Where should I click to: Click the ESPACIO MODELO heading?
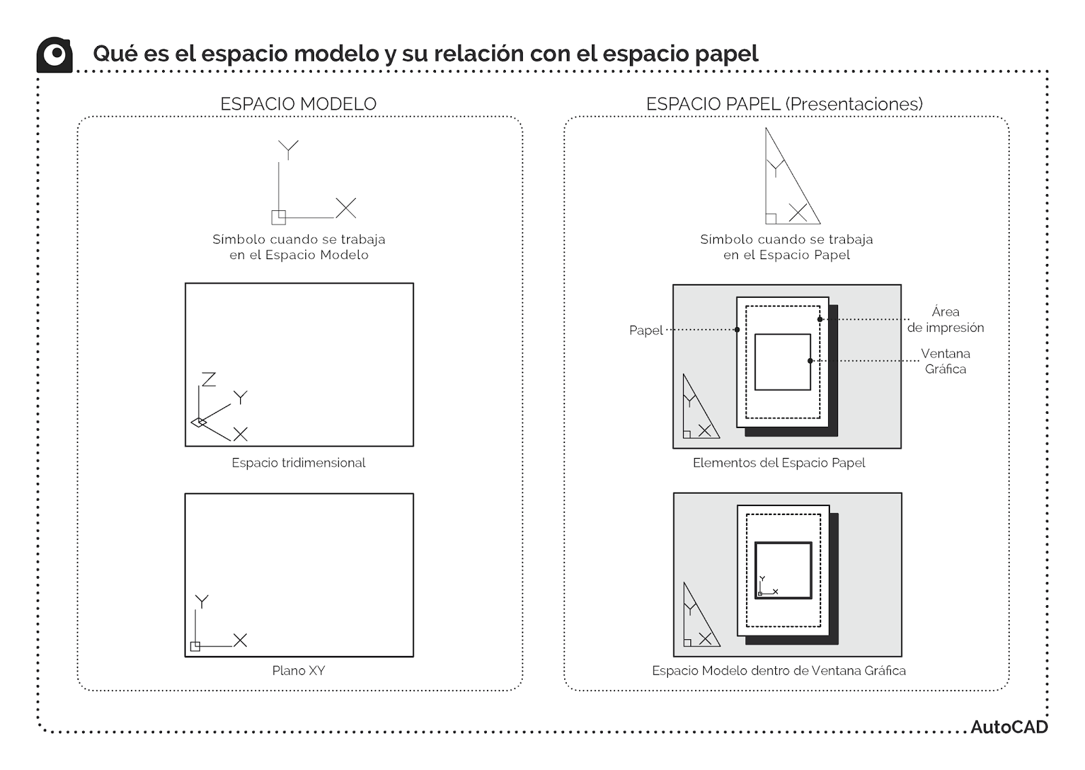(298, 104)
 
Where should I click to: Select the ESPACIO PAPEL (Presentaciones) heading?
(784, 104)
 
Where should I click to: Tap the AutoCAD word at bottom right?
(1008, 727)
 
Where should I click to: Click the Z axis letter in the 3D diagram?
(209, 379)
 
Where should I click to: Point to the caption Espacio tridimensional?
(298, 463)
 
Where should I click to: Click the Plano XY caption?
(298, 670)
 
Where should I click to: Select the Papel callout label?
(646, 330)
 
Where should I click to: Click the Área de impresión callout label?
(945, 320)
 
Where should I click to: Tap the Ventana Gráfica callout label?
(945, 361)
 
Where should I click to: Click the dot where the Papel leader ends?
(737, 330)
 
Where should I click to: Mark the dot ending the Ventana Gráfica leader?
(810, 361)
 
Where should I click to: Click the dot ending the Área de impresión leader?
(820, 319)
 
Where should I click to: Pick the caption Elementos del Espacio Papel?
(778, 463)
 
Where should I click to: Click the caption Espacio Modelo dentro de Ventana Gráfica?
(778, 670)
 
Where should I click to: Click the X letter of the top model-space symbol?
(346, 208)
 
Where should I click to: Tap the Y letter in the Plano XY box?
(201, 602)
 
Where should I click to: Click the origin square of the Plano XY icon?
(195, 646)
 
